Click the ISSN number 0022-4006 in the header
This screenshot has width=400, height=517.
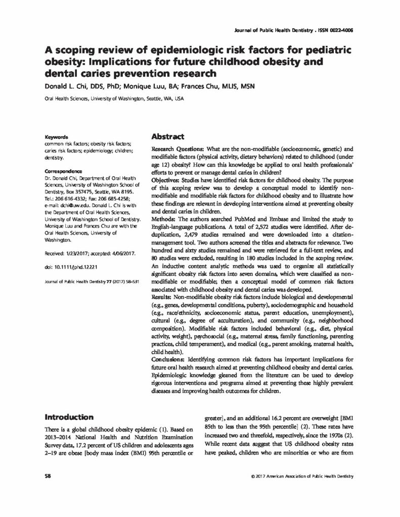(x=339, y=30)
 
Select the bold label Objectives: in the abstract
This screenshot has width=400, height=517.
(x=165, y=179)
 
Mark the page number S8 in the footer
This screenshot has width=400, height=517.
(x=48, y=477)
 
